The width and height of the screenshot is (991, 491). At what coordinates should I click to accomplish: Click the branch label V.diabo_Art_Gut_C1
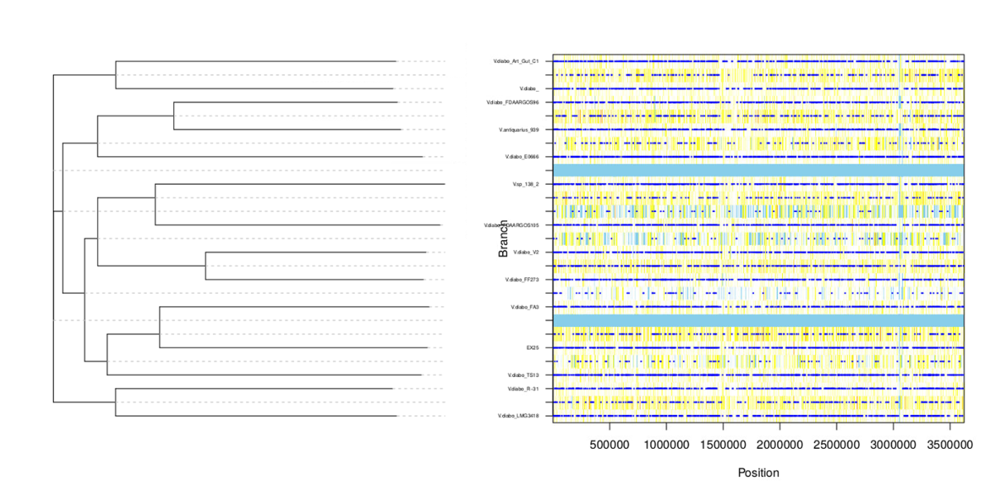(516, 61)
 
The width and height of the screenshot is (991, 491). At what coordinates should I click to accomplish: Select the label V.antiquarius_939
(519, 130)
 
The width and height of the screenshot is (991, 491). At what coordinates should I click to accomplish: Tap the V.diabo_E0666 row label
(522, 157)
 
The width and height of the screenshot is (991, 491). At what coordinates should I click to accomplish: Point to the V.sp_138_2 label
(525, 184)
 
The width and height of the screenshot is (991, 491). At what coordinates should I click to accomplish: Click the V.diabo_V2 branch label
(526, 252)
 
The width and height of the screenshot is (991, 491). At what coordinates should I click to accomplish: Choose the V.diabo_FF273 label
(522, 280)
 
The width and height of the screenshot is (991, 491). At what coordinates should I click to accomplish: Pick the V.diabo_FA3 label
(525, 307)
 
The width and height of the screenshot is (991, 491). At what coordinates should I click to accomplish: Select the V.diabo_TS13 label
(524, 375)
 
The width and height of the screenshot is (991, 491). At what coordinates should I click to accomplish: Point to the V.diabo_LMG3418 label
(518, 416)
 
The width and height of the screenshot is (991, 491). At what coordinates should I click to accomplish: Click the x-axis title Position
(758, 473)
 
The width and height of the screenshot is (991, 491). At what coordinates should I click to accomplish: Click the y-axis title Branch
(503, 238)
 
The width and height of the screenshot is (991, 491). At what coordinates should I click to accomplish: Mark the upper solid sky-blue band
(758, 170)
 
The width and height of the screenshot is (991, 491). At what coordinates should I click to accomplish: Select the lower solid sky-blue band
(758, 320)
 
